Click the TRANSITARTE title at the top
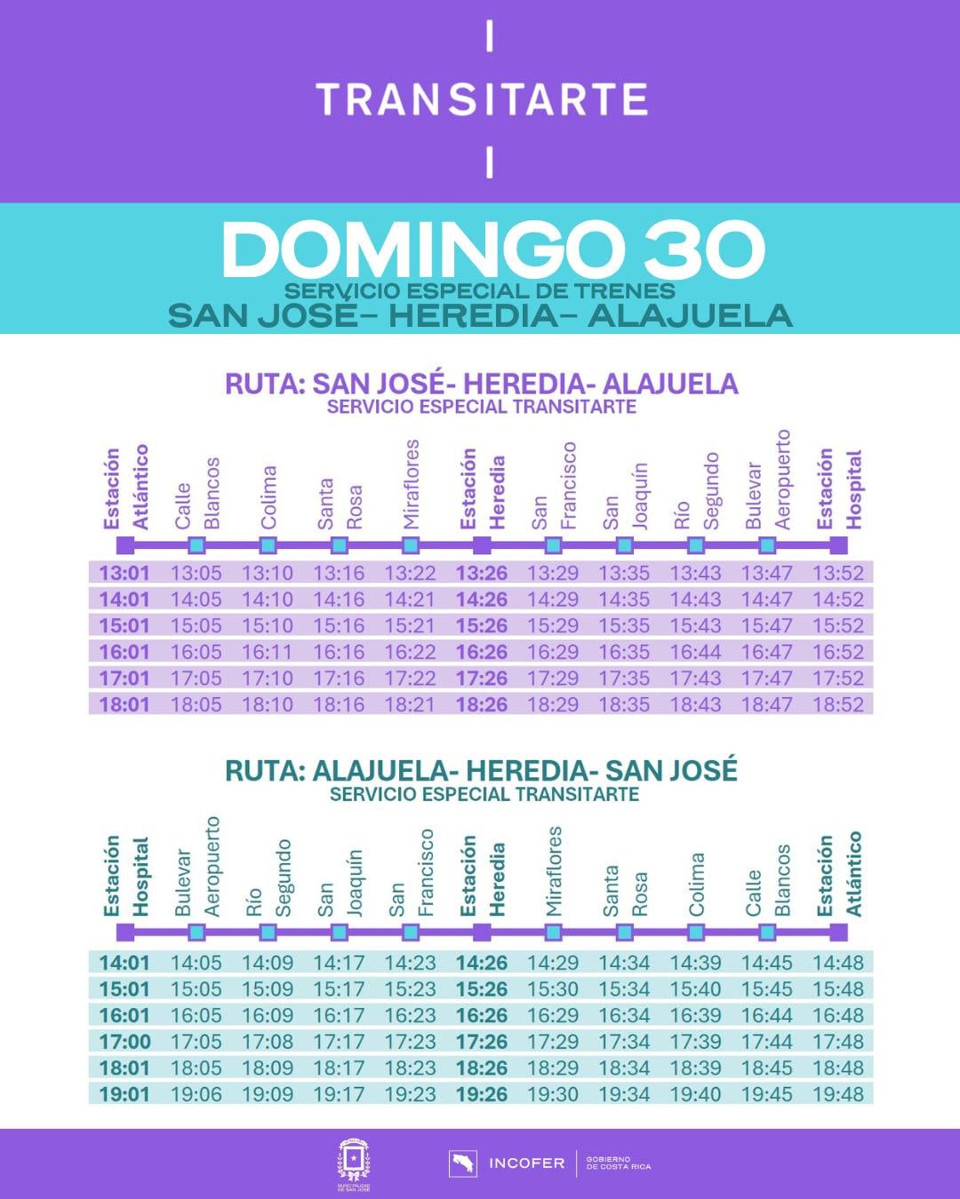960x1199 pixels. point(481,99)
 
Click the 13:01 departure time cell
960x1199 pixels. point(124,573)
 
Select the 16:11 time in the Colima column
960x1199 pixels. point(268,652)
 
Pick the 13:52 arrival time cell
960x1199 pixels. point(838,573)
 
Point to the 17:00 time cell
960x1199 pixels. point(124,1041)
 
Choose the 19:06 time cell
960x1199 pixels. point(196,1094)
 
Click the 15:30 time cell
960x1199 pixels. point(553,989)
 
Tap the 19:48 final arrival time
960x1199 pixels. point(838,1094)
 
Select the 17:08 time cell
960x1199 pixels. point(268,1041)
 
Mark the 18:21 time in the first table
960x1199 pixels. point(410,704)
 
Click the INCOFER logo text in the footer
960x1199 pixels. point(526,1163)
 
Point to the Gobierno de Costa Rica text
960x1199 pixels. point(619,1163)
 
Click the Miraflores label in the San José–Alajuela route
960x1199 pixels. point(411,484)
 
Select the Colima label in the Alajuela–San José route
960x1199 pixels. point(696,884)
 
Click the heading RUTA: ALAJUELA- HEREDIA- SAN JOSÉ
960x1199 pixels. point(481,770)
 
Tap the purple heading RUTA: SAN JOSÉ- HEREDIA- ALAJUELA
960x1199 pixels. point(481,384)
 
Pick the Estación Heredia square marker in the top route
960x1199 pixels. point(482,544)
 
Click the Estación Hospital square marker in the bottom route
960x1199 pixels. point(125,932)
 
